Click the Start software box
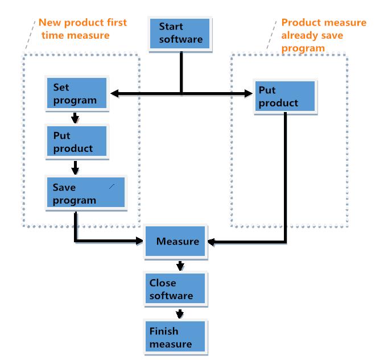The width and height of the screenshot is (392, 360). (180, 34)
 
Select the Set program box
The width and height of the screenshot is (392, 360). (77, 94)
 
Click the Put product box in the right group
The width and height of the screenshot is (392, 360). (285, 97)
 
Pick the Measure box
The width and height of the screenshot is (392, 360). (178, 241)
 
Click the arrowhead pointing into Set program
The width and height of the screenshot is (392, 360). (114, 93)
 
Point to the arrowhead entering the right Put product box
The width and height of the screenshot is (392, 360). (250, 93)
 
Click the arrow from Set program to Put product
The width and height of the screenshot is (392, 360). (75, 118)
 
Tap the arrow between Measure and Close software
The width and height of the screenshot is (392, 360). (180, 265)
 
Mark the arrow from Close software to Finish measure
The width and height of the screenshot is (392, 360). (180, 313)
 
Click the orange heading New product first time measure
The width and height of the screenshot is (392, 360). (82, 29)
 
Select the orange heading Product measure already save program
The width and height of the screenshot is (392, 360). (323, 35)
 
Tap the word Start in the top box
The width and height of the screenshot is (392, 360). (171, 27)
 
